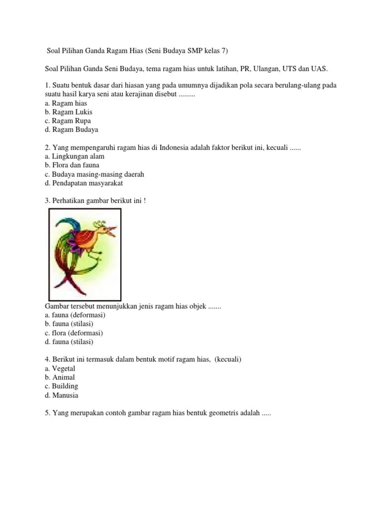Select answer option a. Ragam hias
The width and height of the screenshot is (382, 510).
click(66, 103)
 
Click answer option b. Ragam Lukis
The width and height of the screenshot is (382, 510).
click(68, 112)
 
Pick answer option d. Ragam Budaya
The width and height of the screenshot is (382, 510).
click(71, 130)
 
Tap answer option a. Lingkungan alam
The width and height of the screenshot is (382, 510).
click(74, 156)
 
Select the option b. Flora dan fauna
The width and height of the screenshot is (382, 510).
click(72, 165)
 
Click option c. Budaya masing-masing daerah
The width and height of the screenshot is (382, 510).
click(94, 174)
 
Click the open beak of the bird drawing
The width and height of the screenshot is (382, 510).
click(111, 231)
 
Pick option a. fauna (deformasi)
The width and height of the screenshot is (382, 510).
click(75, 315)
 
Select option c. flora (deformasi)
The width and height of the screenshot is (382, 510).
click(74, 333)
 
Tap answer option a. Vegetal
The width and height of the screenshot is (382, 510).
click(60, 369)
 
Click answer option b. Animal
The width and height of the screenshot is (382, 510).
click(60, 378)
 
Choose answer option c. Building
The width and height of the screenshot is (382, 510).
click(61, 386)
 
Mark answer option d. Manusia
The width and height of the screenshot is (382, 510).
click(61, 395)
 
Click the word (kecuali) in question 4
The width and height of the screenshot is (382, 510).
click(228, 360)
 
